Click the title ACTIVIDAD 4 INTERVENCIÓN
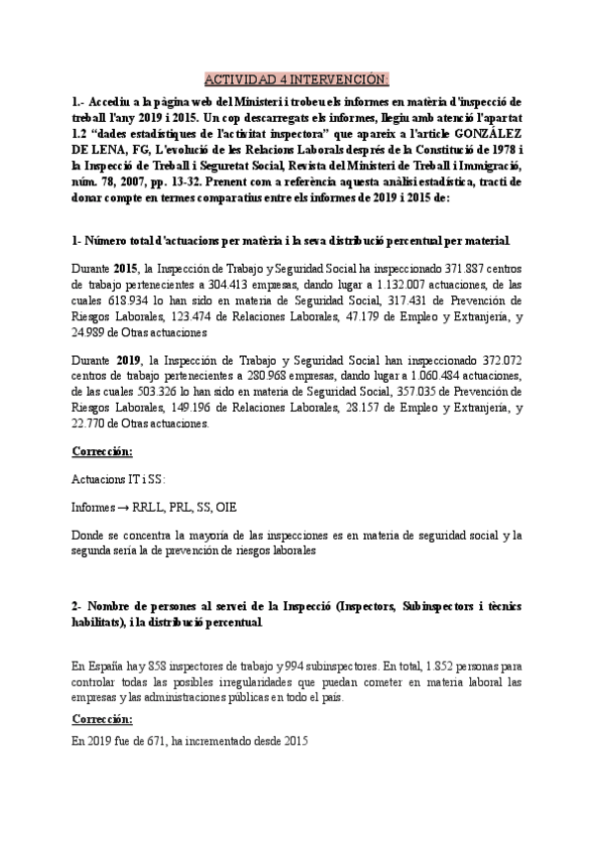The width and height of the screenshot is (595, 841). click(x=297, y=79)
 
